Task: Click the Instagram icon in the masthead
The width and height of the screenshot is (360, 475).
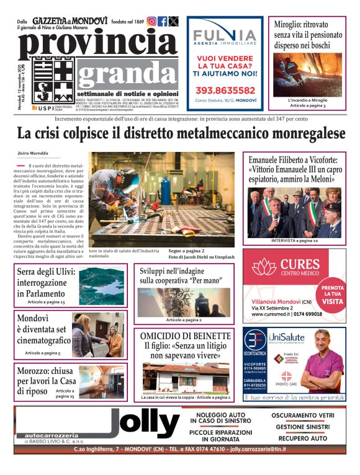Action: pyautogui.click(x=151, y=21)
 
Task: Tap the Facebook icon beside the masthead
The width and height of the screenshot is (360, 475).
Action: pyautogui.click(x=163, y=21)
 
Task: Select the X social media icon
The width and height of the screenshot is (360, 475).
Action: pyautogui.click(x=173, y=21)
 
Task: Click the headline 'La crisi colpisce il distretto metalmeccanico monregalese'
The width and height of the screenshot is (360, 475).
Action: pyautogui.click(x=181, y=133)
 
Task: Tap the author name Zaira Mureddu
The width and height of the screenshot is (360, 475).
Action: pyautogui.click(x=34, y=153)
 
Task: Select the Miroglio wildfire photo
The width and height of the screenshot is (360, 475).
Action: pyautogui.click(x=308, y=73)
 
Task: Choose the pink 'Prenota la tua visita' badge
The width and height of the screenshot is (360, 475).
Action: pyautogui.click(x=332, y=295)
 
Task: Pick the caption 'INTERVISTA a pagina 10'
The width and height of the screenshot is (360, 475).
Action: pyautogui.click(x=294, y=240)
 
